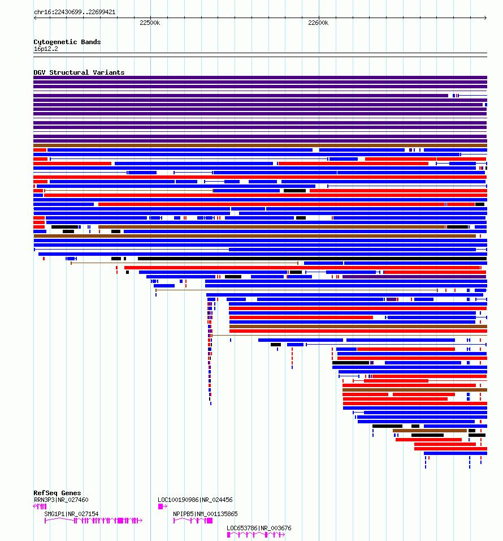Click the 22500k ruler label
pyautogui.click(x=150, y=23)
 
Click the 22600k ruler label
pyautogui.click(x=318, y=23)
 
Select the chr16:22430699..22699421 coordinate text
pyautogui.click(x=75, y=12)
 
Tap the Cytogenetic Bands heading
pyautogui.click(x=67, y=42)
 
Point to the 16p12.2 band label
pyautogui.click(x=46, y=49)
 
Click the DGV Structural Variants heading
pyautogui.click(x=79, y=72)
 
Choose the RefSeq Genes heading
pyautogui.click(x=57, y=493)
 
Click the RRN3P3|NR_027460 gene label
pyautogui.click(x=61, y=500)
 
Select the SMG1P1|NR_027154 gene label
pyautogui.click(x=71, y=514)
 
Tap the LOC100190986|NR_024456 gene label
pyautogui.click(x=195, y=500)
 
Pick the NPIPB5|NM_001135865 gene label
pyautogui.click(x=205, y=514)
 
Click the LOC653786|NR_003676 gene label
pyautogui.click(x=259, y=528)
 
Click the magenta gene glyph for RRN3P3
pyautogui.click(x=40, y=506)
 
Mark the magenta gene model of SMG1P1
pyautogui.click(x=93, y=521)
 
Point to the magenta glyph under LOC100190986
pyautogui.click(x=163, y=506)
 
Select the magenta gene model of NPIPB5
pyautogui.click(x=193, y=521)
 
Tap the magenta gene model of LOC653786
pyautogui.click(x=255, y=535)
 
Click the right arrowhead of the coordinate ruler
pyautogui.click(x=485, y=18)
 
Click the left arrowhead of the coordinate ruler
pyautogui.click(x=35, y=18)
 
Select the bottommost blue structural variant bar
pyautogui.click(x=456, y=453)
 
